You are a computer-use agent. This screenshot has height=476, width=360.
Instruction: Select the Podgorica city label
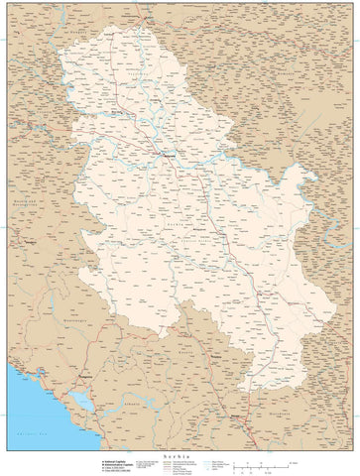[94, 378]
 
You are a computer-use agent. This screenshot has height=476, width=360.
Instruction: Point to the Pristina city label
[214, 353]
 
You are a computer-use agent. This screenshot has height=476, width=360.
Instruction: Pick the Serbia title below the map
[179, 453]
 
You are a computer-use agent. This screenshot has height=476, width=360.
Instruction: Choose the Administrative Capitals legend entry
[114, 465]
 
